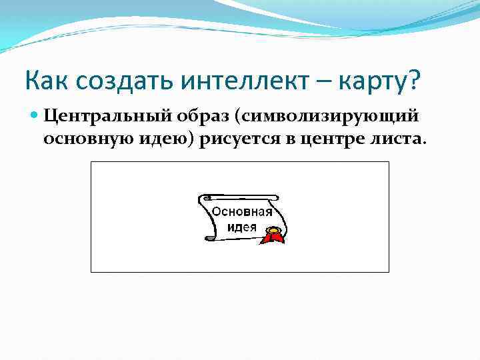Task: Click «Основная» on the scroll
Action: (x=242, y=212)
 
